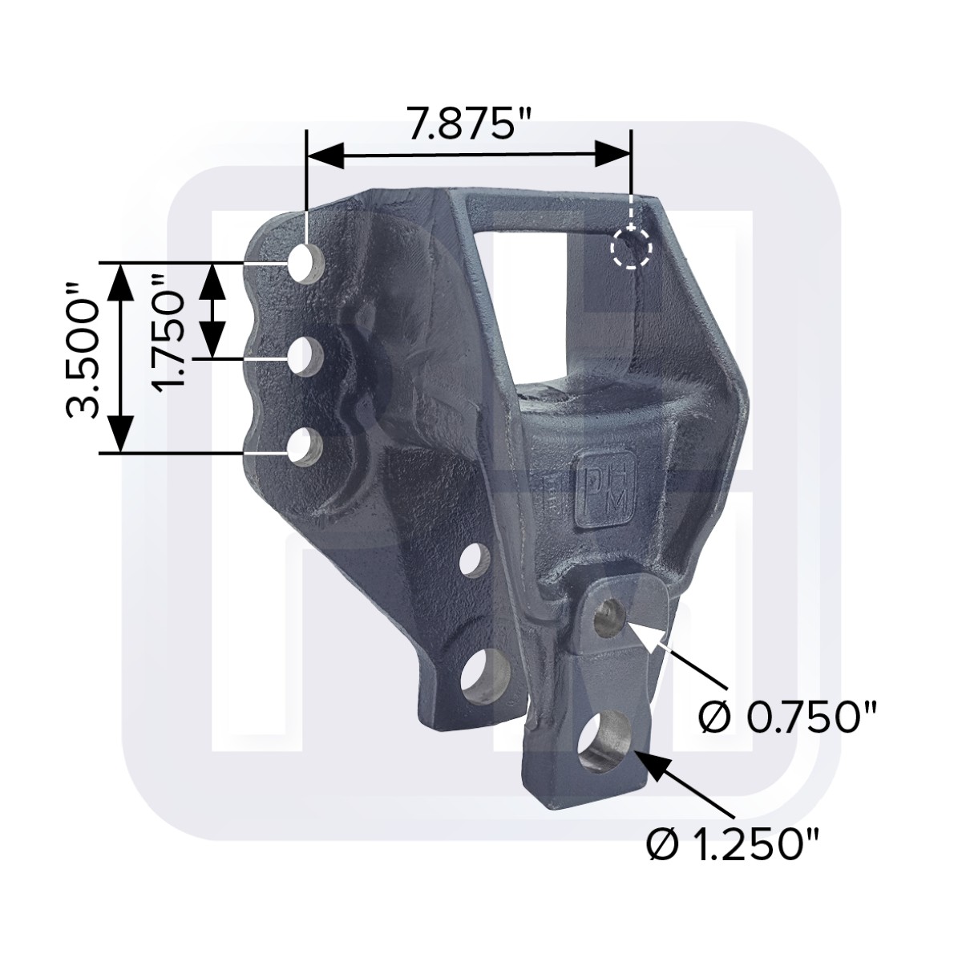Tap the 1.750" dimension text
tap(168, 333)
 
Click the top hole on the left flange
tap(307, 264)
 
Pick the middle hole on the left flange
tap(305, 357)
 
